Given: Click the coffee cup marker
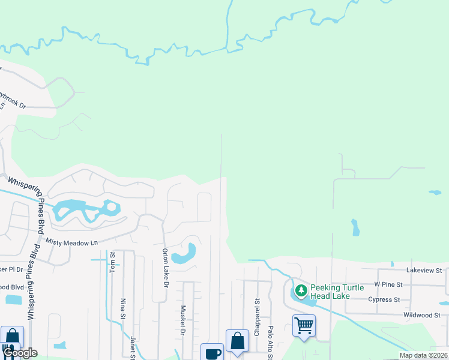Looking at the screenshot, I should pyautogui.click(x=212, y=353).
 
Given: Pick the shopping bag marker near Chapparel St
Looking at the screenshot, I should pyautogui.click(x=237, y=340).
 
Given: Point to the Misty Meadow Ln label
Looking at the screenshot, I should pyautogui.click(x=72, y=241).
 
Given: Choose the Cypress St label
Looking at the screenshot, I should pyautogui.click(x=384, y=299).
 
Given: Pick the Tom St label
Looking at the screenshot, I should pyautogui.click(x=112, y=262).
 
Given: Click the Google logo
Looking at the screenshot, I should pyautogui.click(x=20, y=353).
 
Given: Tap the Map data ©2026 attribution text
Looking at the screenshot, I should pyautogui.click(x=423, y=355).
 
